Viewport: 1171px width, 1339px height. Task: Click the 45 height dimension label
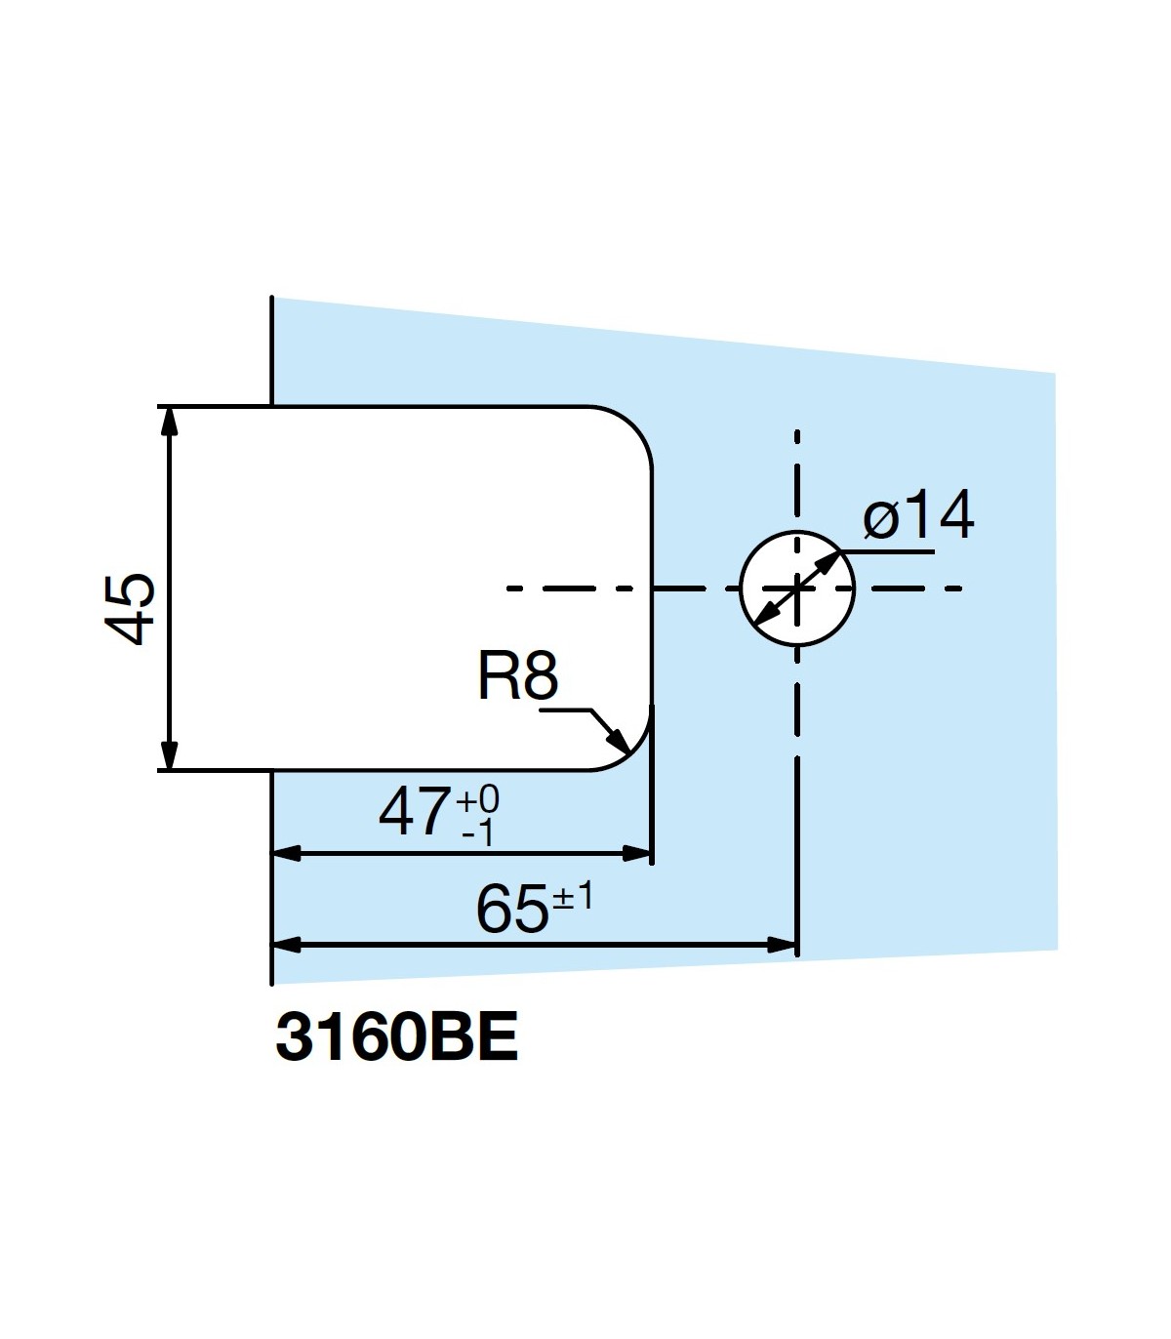click(x=131, y=608)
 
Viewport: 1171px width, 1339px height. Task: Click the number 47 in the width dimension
click(x=414, y=812)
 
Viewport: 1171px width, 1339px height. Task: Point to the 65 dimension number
click(x=511, y=909)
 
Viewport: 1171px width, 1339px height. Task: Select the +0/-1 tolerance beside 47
click(x=478, y=816)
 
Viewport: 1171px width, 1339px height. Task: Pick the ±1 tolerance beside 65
click(x=573, y=896)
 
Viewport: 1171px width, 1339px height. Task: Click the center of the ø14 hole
click(x=797, y=588)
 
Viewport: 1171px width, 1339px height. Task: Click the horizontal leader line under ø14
click(x=888, y=551)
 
